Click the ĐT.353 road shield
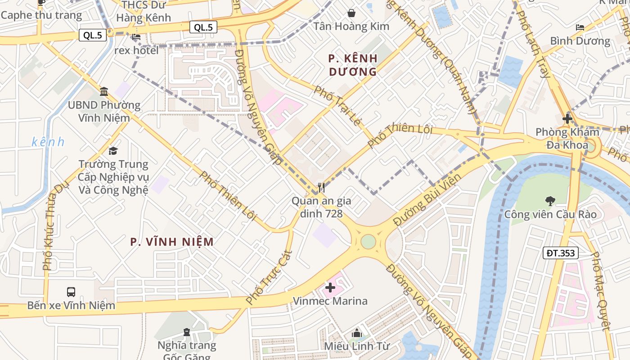click(560, 253)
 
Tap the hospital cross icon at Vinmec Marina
click(330, 288)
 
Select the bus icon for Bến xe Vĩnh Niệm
click(71, 292)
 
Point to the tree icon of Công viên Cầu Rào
click(550, 201)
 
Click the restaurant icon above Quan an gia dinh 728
click(321, 187)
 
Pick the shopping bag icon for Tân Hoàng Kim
click(351, 13)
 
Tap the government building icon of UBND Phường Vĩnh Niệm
click(104, 92)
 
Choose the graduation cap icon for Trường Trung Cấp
click(113, 150)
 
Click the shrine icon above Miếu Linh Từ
click(357, 333)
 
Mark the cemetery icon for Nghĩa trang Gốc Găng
click(187, 332)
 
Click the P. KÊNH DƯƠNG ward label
click(353, 65)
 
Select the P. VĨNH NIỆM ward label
click(172, 242)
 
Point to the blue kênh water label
click(48, 142)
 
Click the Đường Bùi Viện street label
click(427, 200)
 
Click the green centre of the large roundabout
click(368, 242)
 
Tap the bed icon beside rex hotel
click(137, 37)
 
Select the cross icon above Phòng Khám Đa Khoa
click(567, 119)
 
